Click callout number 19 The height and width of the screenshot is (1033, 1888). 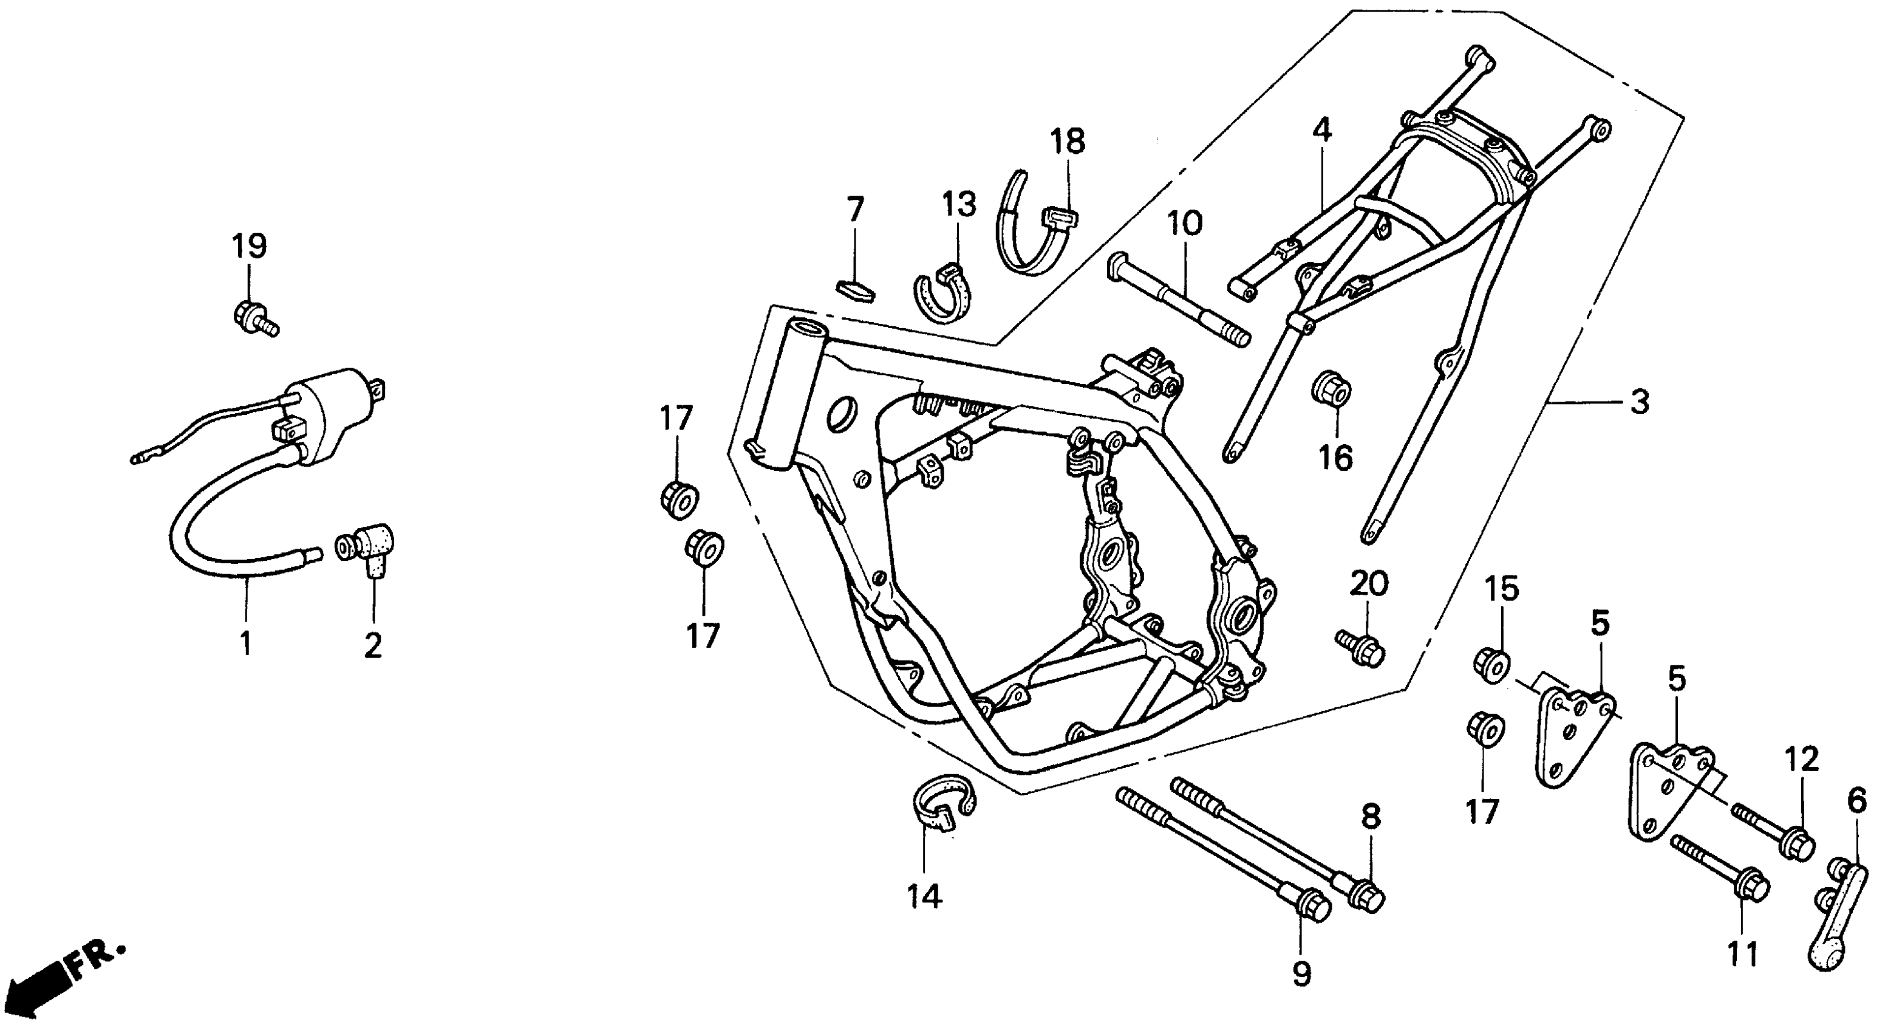249,246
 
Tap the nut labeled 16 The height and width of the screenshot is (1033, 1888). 1331,388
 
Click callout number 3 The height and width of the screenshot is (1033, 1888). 1640,402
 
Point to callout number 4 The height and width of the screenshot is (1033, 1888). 1321,131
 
